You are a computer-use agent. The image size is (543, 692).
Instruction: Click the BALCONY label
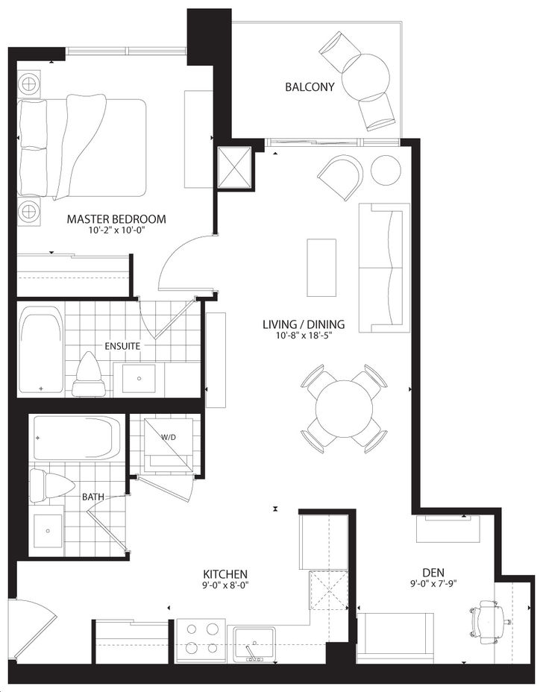click(x=310, y=86)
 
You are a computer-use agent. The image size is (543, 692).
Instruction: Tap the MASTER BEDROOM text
click(x=116, y=219)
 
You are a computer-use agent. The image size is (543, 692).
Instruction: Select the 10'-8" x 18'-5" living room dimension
click(x=304, y=336)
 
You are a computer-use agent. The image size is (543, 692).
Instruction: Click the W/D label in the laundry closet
click(x=169, y=438)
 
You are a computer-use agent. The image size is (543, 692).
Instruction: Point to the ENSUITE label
click(x=122, y=346)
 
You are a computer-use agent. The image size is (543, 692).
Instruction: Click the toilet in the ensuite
click(x=90, y=374)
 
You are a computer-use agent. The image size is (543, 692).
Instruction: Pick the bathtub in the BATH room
click(x=78, y=438)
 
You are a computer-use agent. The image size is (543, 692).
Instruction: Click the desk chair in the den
click(x=490, y=617)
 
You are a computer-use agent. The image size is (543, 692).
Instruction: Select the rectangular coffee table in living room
click(x=321, y=268)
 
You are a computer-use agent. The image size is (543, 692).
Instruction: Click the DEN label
click(x=433, y=573)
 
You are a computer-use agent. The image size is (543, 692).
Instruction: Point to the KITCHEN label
click(x=225, y=574)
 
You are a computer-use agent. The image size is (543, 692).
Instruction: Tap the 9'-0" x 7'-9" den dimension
click(x=433, y=583)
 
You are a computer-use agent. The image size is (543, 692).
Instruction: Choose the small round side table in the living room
click(x=386, y=170)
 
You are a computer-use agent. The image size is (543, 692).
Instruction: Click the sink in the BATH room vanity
click(x=46, y=530)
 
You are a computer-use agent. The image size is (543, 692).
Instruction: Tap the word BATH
click(x=93, y=497)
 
